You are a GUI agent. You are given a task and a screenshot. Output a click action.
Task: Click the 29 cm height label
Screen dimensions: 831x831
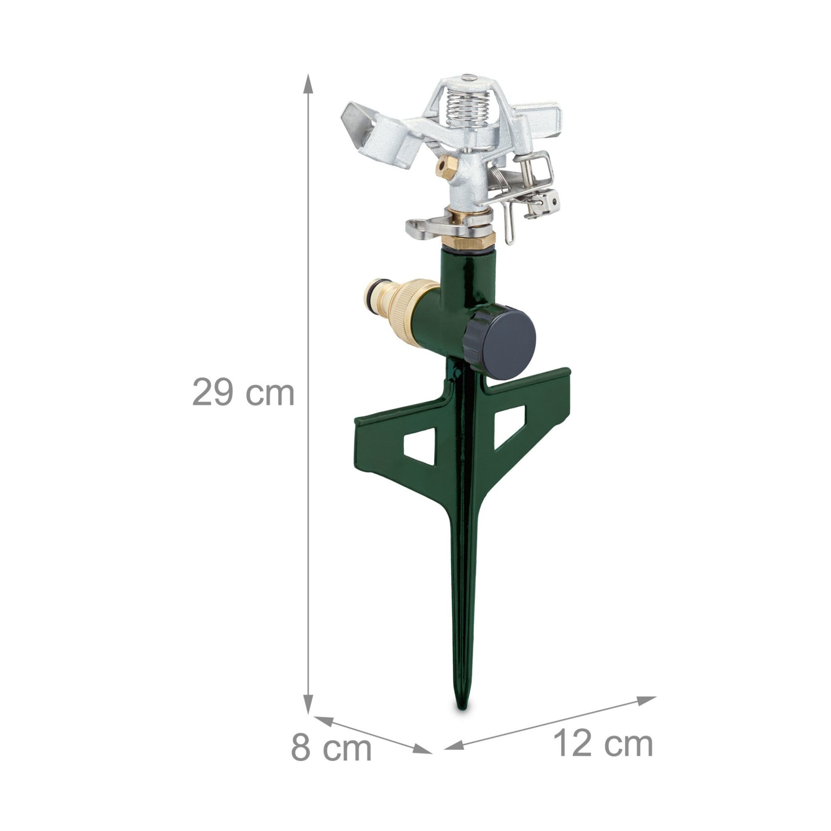pos(243,392)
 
